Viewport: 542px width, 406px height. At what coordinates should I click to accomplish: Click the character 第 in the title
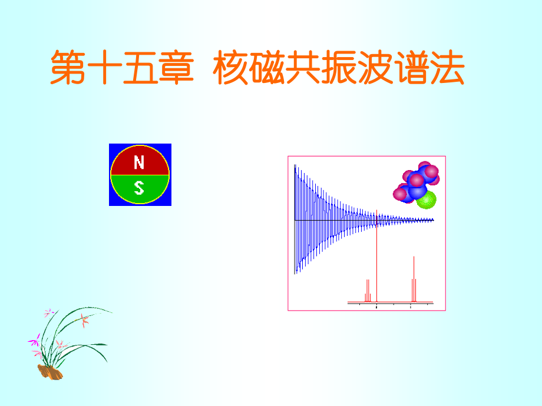pos(69,69)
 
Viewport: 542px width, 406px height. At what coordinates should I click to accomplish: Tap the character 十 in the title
pos(105,69)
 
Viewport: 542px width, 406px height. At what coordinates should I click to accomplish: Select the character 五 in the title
pos(141,69)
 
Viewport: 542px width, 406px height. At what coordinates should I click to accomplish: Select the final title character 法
pos(449,69)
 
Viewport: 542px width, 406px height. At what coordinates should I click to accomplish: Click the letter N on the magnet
pos(140,162)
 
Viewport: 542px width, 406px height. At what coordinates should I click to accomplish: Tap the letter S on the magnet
pos(140,188)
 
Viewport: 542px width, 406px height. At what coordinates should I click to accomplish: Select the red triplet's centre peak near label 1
pos(414,279)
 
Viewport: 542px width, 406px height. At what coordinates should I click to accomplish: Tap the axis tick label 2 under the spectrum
pos(376,307)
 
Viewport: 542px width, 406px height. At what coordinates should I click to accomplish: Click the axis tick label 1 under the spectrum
pos(411,307)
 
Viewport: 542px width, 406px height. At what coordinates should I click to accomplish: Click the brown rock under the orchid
pos(50,372)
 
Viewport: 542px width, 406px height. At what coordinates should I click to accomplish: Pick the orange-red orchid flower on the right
pos(85,321)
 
